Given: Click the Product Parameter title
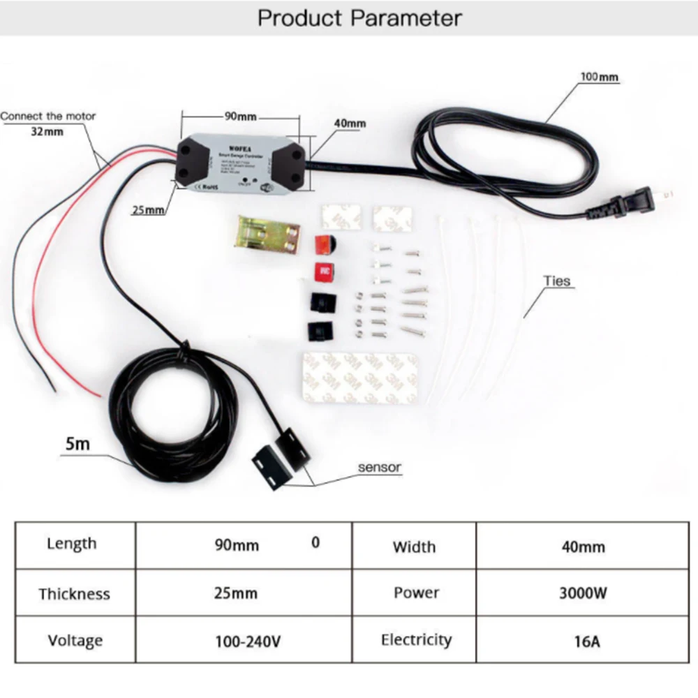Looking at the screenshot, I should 359,17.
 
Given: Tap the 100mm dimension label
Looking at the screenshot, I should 599,77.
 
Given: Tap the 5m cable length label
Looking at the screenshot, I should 77,443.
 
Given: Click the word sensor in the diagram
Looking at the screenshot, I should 380,467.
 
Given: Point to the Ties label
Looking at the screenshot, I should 558,281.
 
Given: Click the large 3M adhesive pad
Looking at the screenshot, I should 360,378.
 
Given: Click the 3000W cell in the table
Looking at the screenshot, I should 583,593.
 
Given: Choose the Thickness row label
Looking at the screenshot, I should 75,594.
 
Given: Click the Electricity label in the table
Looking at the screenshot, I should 417,639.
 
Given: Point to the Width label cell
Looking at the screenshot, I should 414,547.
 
